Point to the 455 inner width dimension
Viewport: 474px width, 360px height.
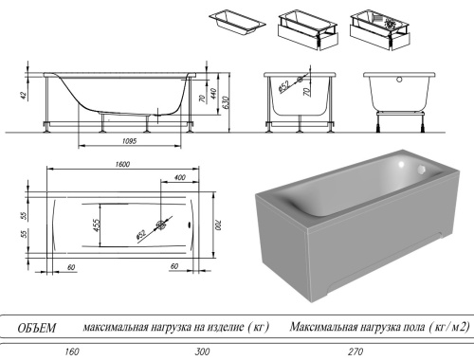pyautogui.click(x=97, y=225)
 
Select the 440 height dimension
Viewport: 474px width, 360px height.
pyautogui.click(x=213, y=93)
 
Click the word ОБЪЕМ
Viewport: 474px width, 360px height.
pyautogui.click(x=38, y=328)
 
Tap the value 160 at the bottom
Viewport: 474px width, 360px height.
pyautogui.click(x=70, y=351)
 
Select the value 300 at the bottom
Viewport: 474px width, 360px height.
pyautogui.click(x=202, y=351)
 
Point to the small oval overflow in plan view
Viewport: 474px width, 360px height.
pyautogui.click(x=192, y=225)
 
